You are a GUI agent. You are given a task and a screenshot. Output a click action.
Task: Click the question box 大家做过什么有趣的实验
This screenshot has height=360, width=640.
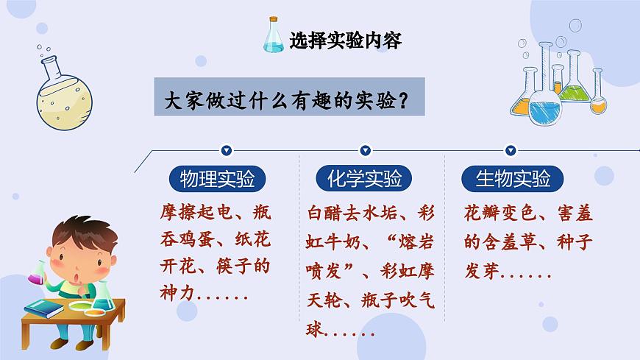289,97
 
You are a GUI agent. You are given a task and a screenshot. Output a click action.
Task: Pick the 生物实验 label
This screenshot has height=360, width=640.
512,179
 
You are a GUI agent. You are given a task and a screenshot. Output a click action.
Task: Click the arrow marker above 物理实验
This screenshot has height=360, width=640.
227,151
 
